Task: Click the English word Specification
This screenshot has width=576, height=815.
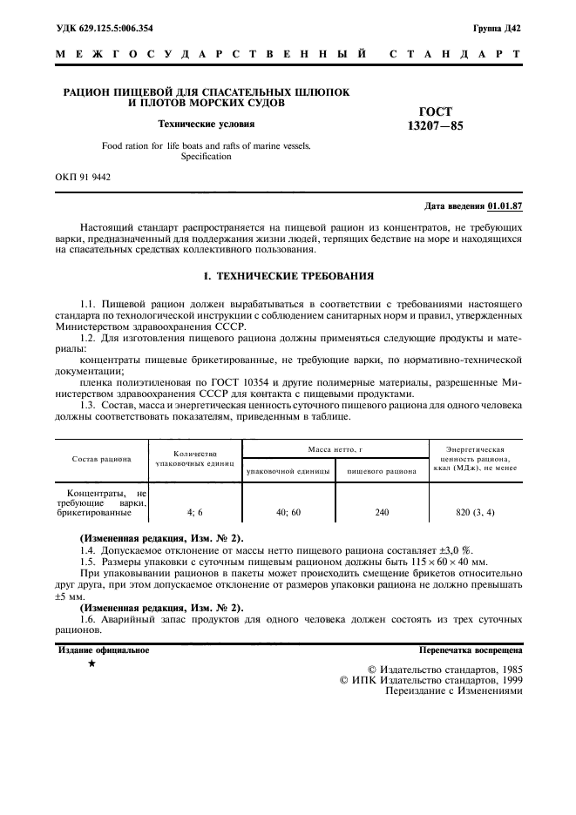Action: [206, 157]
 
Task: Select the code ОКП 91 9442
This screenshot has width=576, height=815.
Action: [83, 177]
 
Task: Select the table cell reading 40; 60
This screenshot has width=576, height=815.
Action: [288, 513]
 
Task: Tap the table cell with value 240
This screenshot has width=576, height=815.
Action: [382, 513]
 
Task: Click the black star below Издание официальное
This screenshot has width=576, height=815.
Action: [91, 664]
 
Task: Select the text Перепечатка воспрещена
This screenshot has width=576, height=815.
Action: [470, 650]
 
